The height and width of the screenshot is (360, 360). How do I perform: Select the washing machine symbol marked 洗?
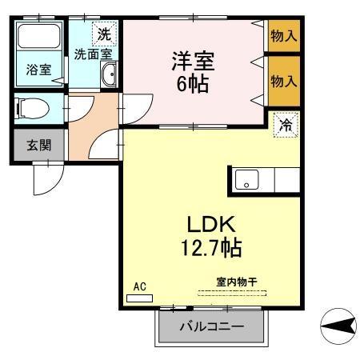(x=103, y=34)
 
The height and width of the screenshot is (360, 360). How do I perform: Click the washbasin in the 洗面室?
(x=110, y=76)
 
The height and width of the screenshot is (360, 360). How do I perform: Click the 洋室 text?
(x=194, y=60)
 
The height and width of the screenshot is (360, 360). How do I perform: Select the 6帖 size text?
(x=194, y=82)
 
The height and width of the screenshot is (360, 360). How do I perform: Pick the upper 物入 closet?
(x=283, y=35)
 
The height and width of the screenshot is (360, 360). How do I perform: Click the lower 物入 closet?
(x=283, y=81)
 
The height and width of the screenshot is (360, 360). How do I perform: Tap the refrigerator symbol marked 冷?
(x=286, y=125)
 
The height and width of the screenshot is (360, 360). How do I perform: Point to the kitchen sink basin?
(x=246, y=180)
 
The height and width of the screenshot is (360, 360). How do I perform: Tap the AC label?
(x=139, y=286)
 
